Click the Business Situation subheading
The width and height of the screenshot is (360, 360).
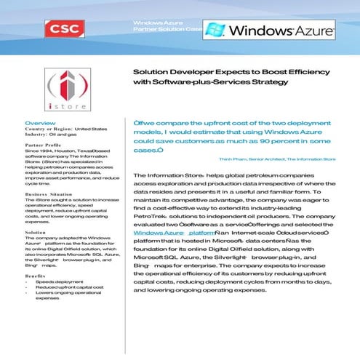(x=48, y=196)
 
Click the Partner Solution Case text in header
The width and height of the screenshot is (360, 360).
(x=165, y=31)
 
